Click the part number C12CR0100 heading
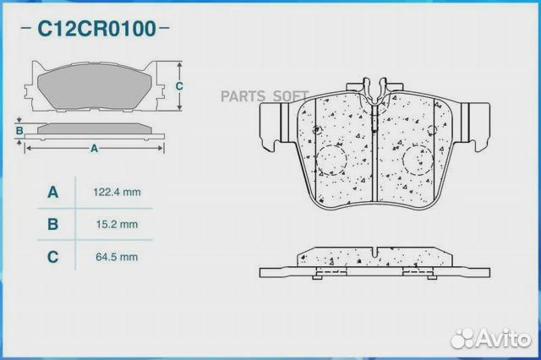[x=96, y=29]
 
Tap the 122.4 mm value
[x=117, y=192]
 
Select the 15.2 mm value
[x=117, y=225]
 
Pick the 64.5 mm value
[x=117, y=257]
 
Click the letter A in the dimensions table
[x=52, y=192]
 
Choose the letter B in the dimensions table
[x=52, y=224]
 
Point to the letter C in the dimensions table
[x=52, y=257]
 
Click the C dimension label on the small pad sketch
[x=179, y=86]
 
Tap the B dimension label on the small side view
[x=19, y=131]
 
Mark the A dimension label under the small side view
[x=94, y=149]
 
